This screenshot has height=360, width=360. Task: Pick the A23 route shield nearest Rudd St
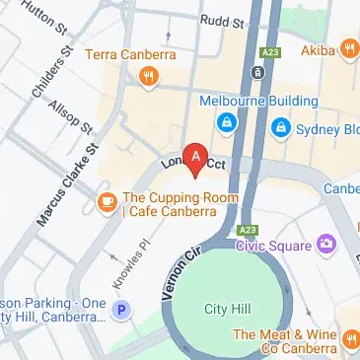269,51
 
